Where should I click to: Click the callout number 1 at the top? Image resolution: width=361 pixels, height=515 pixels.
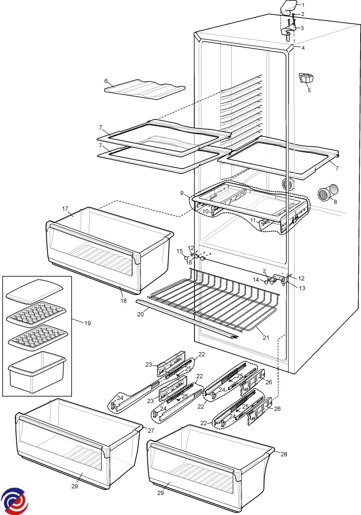pyautogui.click(x=303, y=5)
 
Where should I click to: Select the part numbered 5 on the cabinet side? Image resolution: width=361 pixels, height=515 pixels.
pyautogui.click(x=306, y=78)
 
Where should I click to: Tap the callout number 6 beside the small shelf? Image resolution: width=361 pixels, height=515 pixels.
pyautogui.click(x=106, y=81)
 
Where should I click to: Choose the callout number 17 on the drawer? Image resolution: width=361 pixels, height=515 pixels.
pyautogui.click(x=65, y=209)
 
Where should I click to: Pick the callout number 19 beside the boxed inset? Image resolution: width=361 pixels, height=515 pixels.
pyautogui.click(x=88, y=323)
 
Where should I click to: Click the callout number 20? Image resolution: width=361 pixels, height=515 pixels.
pyautogui.click(x=140, y=315)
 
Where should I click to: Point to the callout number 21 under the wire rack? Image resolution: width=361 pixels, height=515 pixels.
pyautogui.click(x=266, y=337)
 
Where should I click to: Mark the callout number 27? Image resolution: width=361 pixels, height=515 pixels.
pyautogui.click(x=150, y=430)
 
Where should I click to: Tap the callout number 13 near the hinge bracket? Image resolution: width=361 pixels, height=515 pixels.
pyautogui.click(x=303, y=288)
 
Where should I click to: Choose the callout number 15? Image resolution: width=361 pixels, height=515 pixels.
pyautogui.click(x=180, y=251)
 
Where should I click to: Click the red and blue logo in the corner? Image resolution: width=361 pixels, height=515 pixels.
pyautogui.click(x=13, y=501)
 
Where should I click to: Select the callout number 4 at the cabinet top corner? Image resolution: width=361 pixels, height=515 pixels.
pyautogui.click(x=303, y=48)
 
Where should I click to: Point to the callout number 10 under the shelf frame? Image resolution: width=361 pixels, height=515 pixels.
pyautogui.click(x=206, y=211)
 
